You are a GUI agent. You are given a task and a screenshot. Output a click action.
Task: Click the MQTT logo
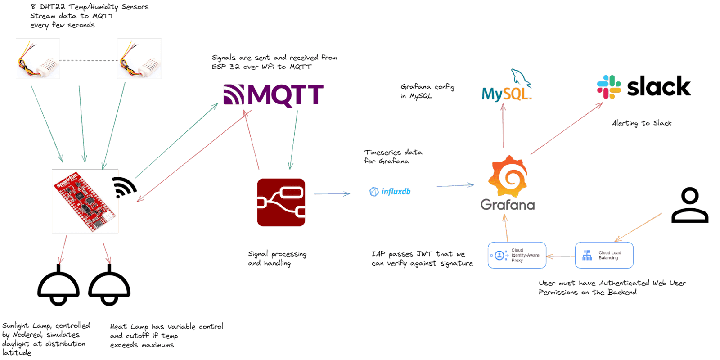coord(274,95)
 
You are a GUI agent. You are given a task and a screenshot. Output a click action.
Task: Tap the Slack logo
coord(644,87)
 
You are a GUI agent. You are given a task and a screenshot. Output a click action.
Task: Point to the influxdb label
coord(390,192)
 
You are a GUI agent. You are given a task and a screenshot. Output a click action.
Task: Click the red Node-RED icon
coord(281,202)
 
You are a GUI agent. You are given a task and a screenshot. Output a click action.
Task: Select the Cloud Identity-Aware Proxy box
coord(517,256)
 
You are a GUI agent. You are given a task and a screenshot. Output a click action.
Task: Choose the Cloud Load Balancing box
coord(604,256)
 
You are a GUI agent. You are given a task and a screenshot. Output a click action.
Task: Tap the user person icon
coord(690,206)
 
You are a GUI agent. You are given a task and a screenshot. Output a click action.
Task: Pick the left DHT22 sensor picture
coord(38,59)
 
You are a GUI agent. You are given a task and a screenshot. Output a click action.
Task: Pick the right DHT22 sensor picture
coord(139,59)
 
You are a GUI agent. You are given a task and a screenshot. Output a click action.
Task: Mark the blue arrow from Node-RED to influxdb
coord(332,194)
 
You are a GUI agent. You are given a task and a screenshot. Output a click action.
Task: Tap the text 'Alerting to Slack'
coord(641,123)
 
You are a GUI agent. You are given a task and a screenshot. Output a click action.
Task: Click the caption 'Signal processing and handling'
coord(277,259)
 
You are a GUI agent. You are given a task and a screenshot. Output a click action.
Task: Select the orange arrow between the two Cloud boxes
coord(561,256)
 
